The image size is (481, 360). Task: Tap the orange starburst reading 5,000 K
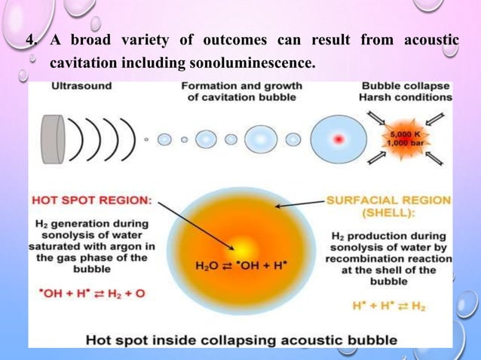click(x=403, y=139)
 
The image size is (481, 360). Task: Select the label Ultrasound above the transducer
click(x=81, y=86)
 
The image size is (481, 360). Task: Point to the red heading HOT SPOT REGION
click(x=91, y=200)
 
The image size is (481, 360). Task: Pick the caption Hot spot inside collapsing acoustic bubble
click(x=241, y=340)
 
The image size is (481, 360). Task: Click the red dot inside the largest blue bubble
click(x=339, y=139)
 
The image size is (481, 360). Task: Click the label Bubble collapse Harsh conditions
click(x=406, y=91)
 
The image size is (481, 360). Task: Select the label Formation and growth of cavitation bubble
click(x=243, y=91)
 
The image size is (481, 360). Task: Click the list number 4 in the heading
click(x=31, y=39)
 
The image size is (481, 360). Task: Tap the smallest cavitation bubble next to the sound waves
click(x=146, y=139)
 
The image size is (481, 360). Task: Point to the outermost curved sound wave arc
click(x=129, y=139)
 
